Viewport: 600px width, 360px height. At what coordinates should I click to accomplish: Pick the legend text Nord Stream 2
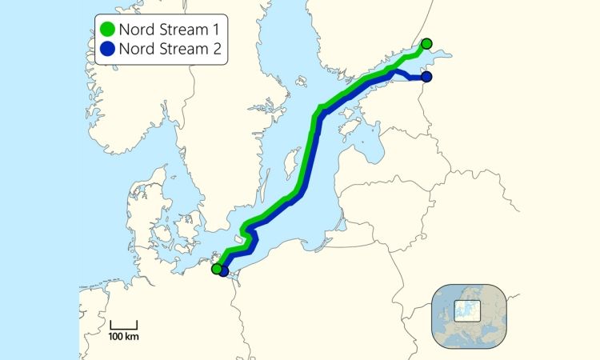(x=169, y=52)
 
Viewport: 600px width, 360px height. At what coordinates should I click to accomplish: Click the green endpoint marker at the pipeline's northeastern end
(x=426, y=43)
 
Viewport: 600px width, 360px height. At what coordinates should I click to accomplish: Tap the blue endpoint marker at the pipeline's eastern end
(x=426, y=77)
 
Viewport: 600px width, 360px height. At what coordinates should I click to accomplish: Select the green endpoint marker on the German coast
(x=216, y=269)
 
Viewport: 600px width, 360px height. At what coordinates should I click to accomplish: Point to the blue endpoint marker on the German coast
(x=224, y=272)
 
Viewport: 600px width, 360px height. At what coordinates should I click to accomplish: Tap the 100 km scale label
(x=123, y=337)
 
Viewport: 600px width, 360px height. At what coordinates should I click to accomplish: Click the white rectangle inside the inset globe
(x=466, y=309)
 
